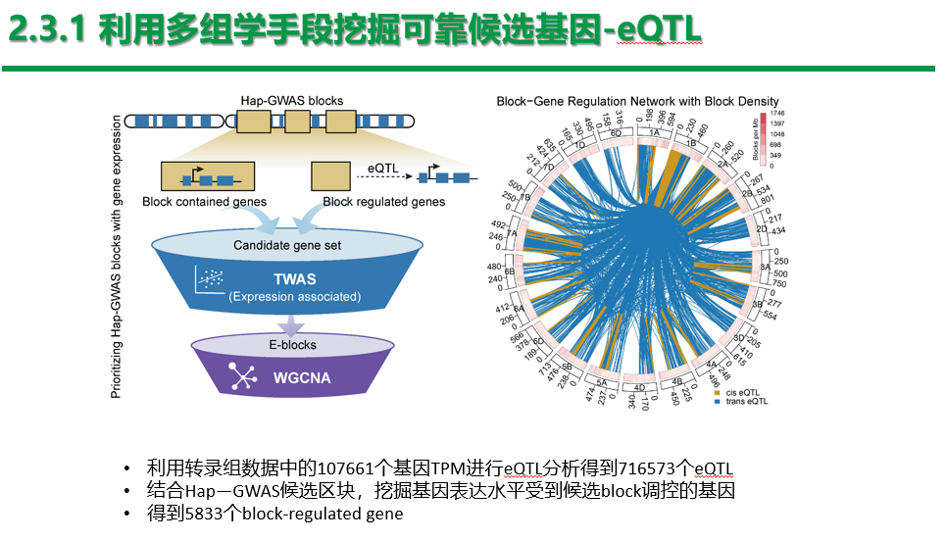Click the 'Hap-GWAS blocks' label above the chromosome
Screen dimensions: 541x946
[x=291, y=100]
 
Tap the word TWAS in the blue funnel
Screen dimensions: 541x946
[x=294, y=279]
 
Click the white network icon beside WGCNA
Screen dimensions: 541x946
[x=242, y=374]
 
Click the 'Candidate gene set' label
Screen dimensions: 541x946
[x=287, y=244]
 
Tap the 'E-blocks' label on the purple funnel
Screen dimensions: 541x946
[x=293, y=345]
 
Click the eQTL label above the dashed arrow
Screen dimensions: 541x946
[x=382, y=170]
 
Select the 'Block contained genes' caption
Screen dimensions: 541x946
[x=204, y=202]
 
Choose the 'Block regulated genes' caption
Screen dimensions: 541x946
[x=384, y=202]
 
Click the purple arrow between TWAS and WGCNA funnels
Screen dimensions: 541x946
[x=286, y=323]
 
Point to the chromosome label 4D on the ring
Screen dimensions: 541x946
[x=640, y=388]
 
